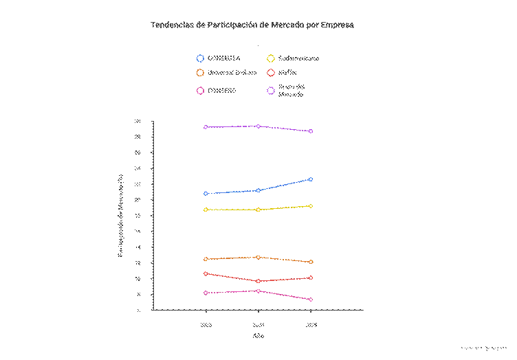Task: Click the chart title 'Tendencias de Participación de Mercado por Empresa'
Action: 252,25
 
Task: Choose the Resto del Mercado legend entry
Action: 292,90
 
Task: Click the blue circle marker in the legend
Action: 200,58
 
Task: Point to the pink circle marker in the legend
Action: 200,90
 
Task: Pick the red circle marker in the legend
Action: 271,72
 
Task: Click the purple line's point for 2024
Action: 258,126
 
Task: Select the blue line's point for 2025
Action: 311,179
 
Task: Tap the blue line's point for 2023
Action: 206,194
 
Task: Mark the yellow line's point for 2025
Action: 311,206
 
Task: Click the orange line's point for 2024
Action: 258,257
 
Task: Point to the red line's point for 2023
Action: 206,273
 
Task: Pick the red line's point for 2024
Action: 258,281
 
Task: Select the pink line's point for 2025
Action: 311,300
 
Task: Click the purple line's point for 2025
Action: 311,131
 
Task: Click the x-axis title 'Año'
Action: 258,336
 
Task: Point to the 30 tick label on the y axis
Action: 137,122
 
